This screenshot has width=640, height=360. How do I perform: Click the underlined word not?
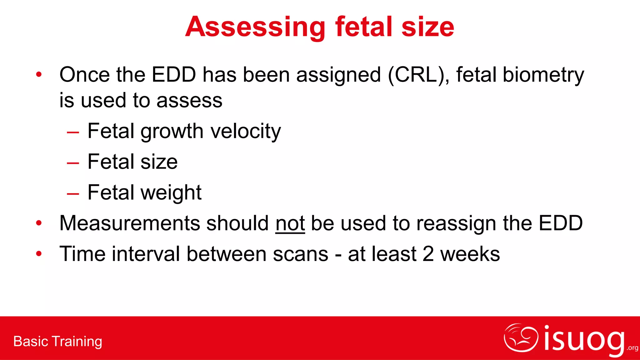pos(290,223)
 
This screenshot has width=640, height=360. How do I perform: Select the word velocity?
pos(246,131)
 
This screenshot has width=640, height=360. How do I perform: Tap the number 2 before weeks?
pos(428,254)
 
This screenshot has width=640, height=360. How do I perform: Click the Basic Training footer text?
pos(58,342)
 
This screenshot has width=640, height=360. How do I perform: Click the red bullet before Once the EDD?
pos(39,74)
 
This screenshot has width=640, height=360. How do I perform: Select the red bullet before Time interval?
pos(39,253)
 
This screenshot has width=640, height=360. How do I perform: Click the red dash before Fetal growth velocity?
pos(73,132)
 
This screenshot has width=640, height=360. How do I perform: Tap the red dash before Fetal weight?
pos(73,194)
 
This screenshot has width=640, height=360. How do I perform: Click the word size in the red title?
pos(427,27)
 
